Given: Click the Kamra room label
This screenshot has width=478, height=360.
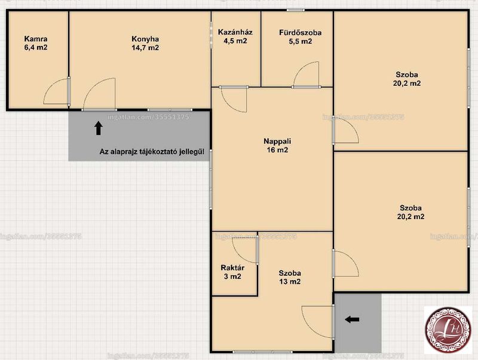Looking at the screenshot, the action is click(x=36, y=43).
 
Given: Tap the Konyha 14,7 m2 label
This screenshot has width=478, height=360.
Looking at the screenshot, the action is click(x=145, y=43).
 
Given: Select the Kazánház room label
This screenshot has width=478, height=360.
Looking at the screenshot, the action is click(x=235, y=36).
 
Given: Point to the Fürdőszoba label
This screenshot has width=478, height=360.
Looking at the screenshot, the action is click(x=301, y=36).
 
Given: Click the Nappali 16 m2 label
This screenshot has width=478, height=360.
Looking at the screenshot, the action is click(x=277, y=145).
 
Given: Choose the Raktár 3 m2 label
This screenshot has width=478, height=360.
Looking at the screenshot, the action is click(x=232, y=272).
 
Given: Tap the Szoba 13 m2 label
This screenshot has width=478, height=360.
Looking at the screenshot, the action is click(x=290, y=277).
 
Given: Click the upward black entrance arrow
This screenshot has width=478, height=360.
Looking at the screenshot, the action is click(x=98, y=128).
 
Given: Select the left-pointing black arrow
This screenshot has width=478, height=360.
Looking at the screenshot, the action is click(x=352, y=319).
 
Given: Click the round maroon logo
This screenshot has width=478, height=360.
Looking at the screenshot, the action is click(x=448, y=330).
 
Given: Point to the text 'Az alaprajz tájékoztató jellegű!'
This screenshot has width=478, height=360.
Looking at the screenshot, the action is click(x=152, y=152).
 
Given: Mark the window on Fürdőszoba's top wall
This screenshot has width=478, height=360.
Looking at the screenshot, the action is click(x=295, y=10).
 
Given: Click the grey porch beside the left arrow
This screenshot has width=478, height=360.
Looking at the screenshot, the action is click(x=358, y=323).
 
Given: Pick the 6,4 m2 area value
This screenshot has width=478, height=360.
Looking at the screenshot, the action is click(x=36, y=47).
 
